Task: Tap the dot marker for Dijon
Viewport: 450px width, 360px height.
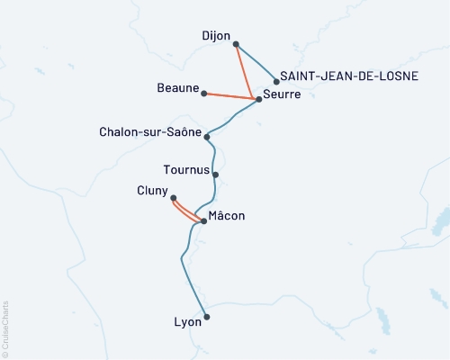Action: coord(235,43)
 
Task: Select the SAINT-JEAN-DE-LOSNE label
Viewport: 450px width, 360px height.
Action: coord(349,76)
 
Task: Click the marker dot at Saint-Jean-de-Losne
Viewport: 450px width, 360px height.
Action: coord(276,82)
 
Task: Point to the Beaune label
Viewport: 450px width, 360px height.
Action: coord(178,91)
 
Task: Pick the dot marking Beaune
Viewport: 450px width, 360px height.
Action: coord(205,93)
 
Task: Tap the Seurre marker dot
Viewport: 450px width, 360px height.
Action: coord(258,99)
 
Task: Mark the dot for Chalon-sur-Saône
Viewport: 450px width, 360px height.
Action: coord(208,137)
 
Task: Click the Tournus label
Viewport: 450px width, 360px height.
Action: coord(187,169)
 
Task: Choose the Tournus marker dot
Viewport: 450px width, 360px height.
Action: coord(215,175)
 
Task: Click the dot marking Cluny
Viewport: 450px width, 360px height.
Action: coord(173,198)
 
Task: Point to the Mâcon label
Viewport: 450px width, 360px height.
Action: coord(226,216)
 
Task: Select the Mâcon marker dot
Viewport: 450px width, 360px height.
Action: coord(203,220)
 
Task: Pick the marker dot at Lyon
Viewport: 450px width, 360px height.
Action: coord(207,316)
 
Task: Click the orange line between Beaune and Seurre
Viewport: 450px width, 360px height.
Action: coord(231,95)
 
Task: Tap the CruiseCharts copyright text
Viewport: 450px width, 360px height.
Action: coord(5,328)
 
